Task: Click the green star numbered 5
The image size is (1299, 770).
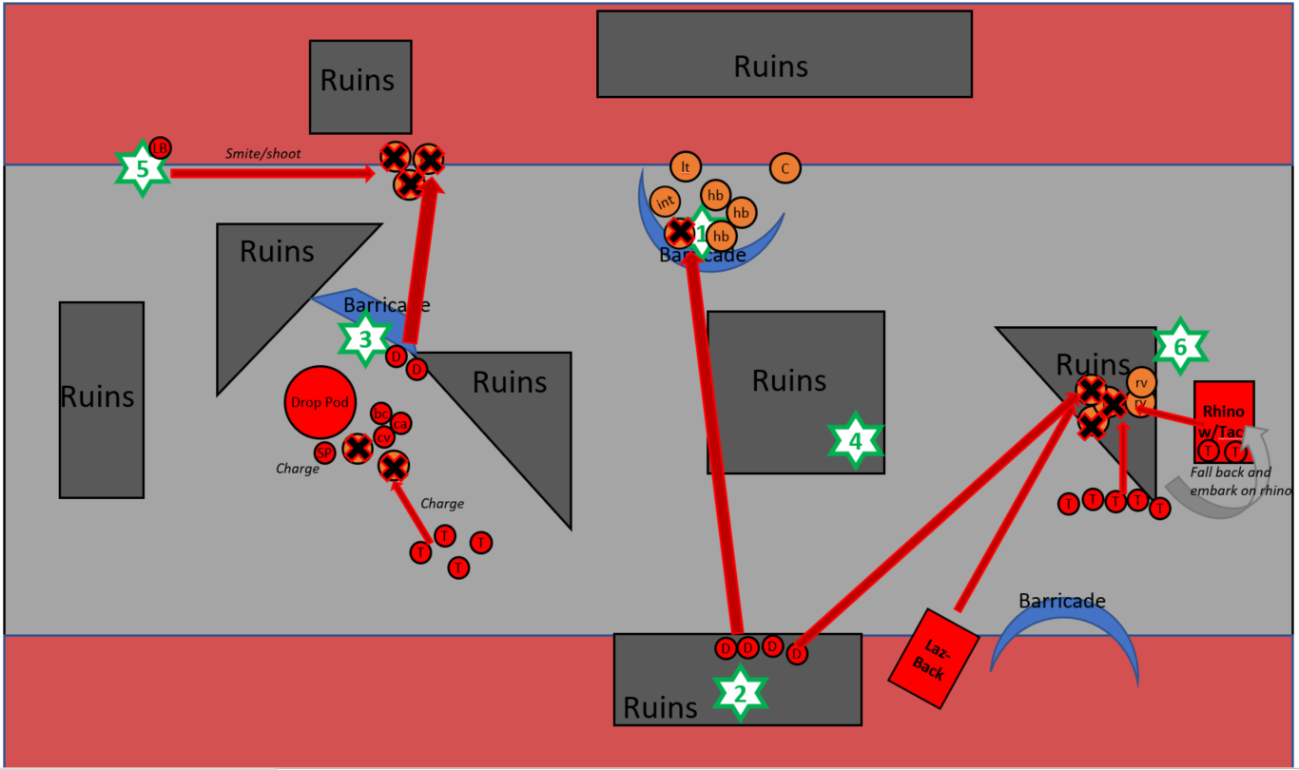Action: coord(143,169)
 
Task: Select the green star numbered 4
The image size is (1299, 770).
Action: coord(856,441)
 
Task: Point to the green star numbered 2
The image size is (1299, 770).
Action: coord(740,694)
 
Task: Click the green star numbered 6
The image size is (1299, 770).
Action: coord(1180,346)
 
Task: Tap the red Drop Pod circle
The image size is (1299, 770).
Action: coord(320,402)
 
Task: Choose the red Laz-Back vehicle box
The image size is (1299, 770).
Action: coord(932,658)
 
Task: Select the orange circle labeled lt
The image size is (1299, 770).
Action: coord(685,166)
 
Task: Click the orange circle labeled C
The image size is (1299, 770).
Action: coord(785,168)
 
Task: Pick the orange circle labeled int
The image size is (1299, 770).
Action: coord(665,201)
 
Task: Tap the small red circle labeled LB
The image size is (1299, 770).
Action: coord(160,147)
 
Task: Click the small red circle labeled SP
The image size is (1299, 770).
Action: coord(325,453)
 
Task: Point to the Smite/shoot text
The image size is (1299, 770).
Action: coord(263,153)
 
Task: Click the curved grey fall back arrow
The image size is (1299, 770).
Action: coord(1227,485)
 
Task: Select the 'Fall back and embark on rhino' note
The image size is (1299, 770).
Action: coord(1239,481)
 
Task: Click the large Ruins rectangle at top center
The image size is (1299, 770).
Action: coord(785,54)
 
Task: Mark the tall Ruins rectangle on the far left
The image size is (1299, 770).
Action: coord(101,399)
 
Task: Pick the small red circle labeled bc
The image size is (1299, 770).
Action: coord(381,413)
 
